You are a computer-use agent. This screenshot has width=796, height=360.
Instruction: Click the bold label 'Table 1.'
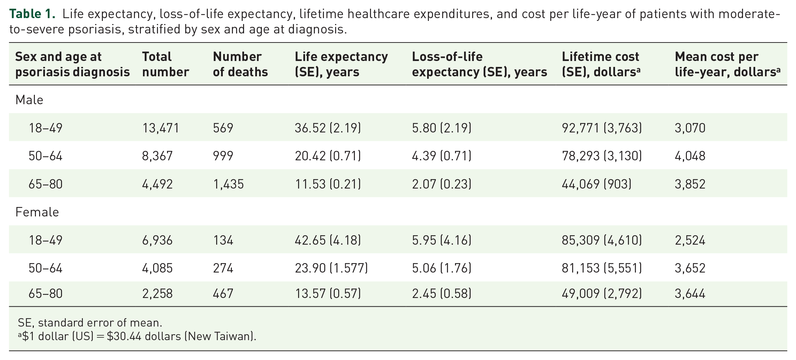click(x=32, y=14)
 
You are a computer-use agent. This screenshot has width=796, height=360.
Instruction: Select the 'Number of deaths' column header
click(x=240, y=64)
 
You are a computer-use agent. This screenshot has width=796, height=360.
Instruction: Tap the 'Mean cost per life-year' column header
click(x=727, y=64)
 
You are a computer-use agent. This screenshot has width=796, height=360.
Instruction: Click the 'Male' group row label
click(x=29, y=100)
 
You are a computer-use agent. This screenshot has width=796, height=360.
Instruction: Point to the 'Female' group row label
click(x=37, y=212)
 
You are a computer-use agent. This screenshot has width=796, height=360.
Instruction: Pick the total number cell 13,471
click(x=160, y=128)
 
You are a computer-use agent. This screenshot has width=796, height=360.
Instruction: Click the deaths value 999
click(x=223, y=156)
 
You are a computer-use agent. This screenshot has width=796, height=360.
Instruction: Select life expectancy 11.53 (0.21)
click(x=328, y=184)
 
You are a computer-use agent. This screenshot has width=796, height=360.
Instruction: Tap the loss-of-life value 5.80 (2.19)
click(x=441, y=128)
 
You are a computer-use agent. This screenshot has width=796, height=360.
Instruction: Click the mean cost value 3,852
click(x=690, y=184)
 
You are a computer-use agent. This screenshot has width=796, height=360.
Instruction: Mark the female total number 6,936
click(x=157, y=240)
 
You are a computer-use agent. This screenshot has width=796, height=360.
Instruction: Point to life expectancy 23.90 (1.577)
click(x=331, y=268)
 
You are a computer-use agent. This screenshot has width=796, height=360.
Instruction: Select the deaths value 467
click(x=223, y=293)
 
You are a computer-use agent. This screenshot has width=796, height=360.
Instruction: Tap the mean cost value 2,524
click(x=690, y=240)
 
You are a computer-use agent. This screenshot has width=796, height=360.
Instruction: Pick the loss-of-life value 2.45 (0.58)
click(x=441, y=293)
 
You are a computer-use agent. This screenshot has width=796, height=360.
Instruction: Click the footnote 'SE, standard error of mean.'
click(x=90, y=323)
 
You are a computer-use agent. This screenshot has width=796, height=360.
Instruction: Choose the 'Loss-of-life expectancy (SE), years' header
click(x=479, y=64)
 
